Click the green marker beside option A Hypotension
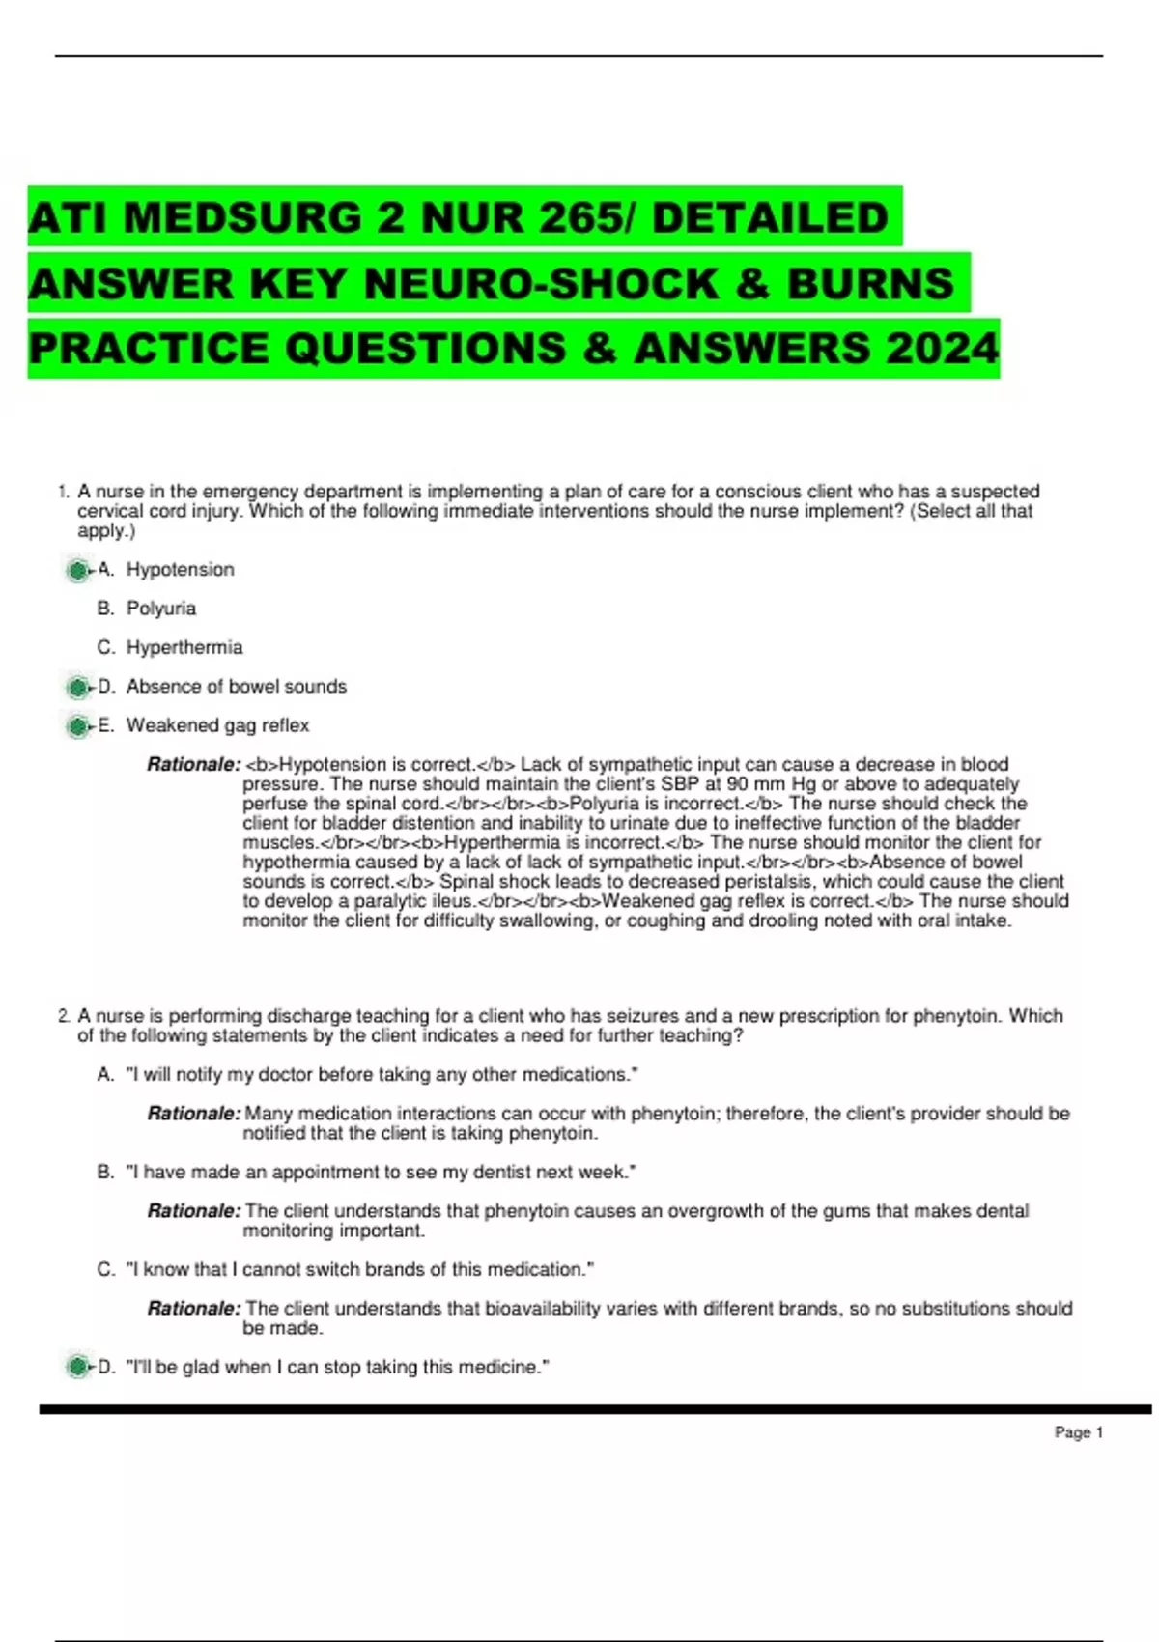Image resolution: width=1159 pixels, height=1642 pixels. (x=76, y=571)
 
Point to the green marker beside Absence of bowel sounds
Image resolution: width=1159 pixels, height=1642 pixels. (x=76, y=688)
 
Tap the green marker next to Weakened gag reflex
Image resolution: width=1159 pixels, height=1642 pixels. (x=76, y=726)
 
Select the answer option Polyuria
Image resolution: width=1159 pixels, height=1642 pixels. (x=161, y=609)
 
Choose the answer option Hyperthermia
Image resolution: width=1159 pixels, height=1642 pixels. (x=184, y=647)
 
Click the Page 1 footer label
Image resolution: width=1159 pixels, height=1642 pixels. (x=1078, y=1432)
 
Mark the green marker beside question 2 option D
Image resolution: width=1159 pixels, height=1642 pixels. (x=76, y=1368)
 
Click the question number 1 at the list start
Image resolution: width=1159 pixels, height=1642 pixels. (x=63, y=492)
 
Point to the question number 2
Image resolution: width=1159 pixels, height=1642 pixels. (x=63, y=1016)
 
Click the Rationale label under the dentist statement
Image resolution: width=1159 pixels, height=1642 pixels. (x=193, y=1211)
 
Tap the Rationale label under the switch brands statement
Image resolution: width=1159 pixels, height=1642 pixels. (x=193, y=1309)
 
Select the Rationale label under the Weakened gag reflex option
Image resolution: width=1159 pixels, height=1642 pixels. (x=193, y=765)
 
